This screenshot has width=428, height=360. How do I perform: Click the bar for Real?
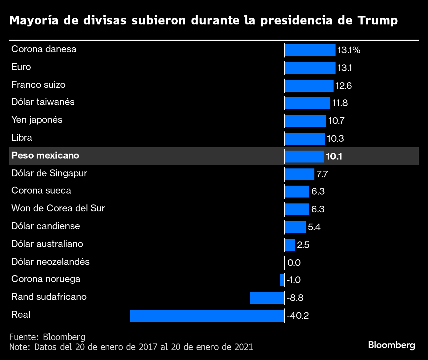(207, 316)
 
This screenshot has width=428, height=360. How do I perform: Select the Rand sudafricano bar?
(267, 298)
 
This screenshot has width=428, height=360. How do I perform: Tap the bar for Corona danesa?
(310, 50)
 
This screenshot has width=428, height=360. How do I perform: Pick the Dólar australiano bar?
(290, 245)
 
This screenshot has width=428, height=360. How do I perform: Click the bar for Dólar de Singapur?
(299, 174)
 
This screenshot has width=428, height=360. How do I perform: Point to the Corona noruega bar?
(282, 280)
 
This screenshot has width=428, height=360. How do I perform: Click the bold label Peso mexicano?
(45, 156)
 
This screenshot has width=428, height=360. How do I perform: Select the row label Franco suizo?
(38, 85)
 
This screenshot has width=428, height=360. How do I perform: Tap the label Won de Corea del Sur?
(58, 208)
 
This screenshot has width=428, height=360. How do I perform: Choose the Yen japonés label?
(37, 120)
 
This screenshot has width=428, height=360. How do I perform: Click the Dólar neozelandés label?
(51, 262)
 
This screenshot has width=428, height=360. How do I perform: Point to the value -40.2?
(298, 316)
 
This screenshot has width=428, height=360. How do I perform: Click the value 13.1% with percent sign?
(349, 50)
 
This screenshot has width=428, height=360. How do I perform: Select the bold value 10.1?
(334, 156)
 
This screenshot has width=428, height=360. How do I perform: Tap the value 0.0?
(294, 263)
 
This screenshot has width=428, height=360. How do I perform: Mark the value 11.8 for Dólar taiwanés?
(340, 103)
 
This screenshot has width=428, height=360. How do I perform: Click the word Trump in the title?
(377, 20)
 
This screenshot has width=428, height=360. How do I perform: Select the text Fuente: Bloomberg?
(47, 337)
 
